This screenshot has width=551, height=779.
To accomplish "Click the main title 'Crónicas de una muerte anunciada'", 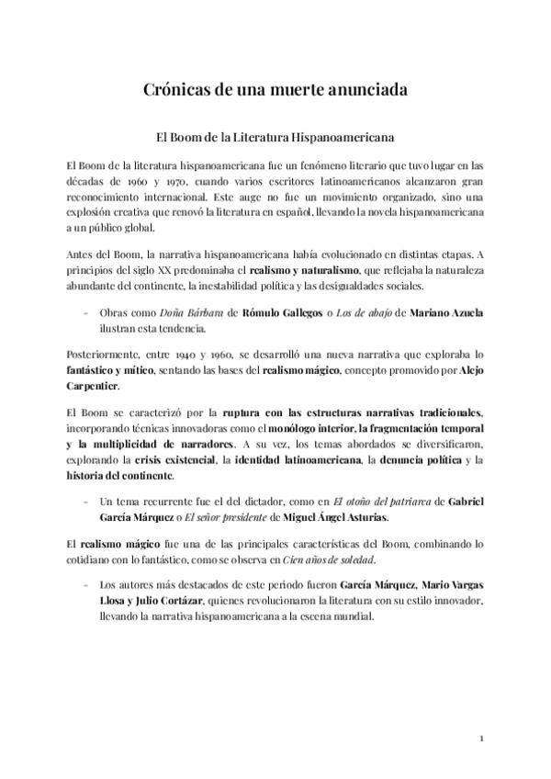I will (x=275, y=89).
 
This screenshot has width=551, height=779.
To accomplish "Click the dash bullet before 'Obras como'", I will (x=85, y=313).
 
